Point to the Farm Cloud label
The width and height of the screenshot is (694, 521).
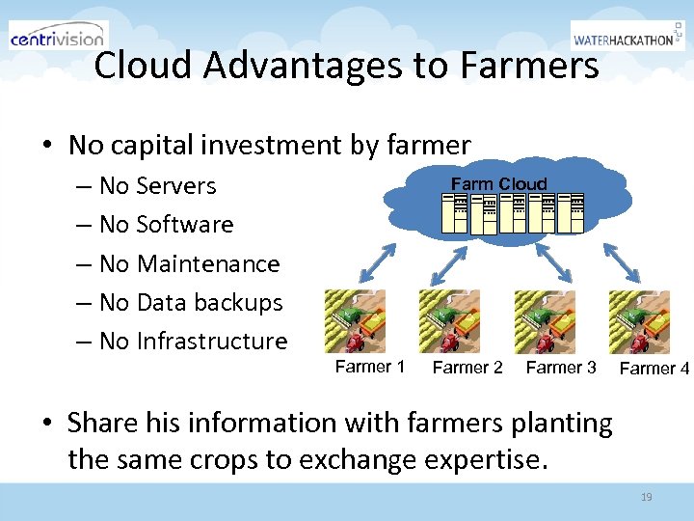pyautogui.click(x=498, y=183)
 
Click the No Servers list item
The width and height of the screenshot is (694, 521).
pyautogui.click(x=157, y=185)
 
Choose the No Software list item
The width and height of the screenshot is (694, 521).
pyautogui.click(x=166, y=224)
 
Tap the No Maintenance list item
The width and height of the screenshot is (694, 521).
pyautogui.click(x=189, y=263)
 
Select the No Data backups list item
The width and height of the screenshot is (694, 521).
pyautogui.click(x=191, y=302)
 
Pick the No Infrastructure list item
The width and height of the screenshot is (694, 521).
pyautogui.click(x=193, y=341)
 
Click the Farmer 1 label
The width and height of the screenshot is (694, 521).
pyautogui.click(x=369, y=366)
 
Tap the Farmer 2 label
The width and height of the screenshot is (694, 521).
pyautogui.click(x=467, y=367)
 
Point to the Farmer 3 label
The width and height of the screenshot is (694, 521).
pyautogui.click(x=561, y=367)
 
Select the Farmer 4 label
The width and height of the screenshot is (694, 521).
pyautogui.click(x=654, y=368)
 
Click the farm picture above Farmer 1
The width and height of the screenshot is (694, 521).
pyautogui.click(x=355, y=320)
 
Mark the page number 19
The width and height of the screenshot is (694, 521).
pyautogui.click(x=646, y=497)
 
